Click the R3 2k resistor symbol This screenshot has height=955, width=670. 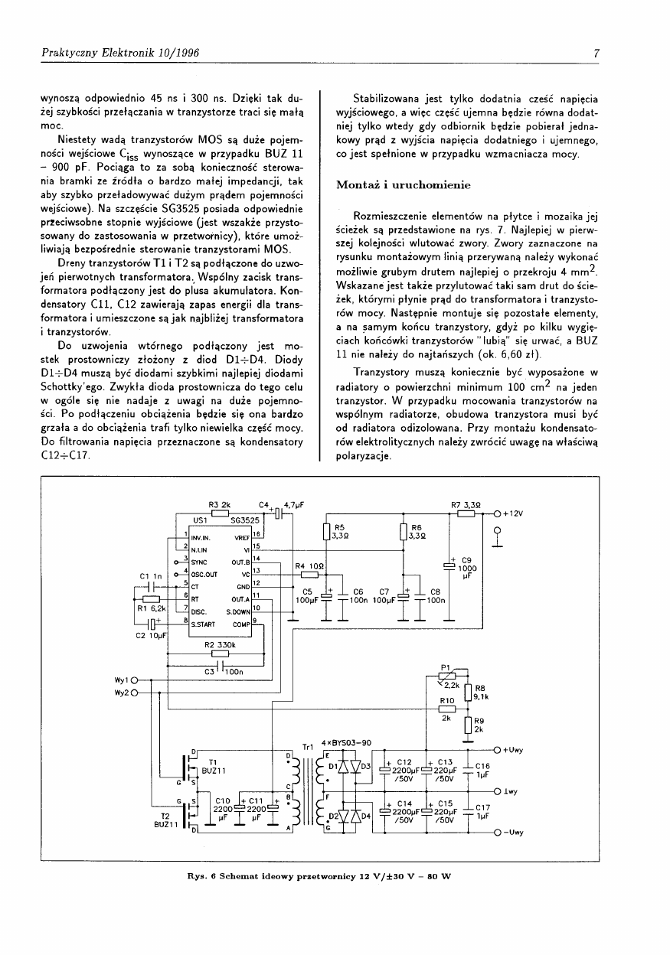click(220, 513)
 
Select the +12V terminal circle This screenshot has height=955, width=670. click(497, 513)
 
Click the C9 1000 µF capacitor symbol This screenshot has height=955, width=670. click(449, 566)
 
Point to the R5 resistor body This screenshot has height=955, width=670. click(327, 533)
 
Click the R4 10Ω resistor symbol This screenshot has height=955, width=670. click(309, 574)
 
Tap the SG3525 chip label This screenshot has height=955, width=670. click(245, 520)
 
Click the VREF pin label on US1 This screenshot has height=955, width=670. click(243, 537)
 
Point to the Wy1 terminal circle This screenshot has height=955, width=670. click(134, 680)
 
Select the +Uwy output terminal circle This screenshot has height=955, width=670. click(497, 750)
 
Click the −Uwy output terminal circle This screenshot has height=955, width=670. click(497, 833)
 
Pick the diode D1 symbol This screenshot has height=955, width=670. click(342, 765)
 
